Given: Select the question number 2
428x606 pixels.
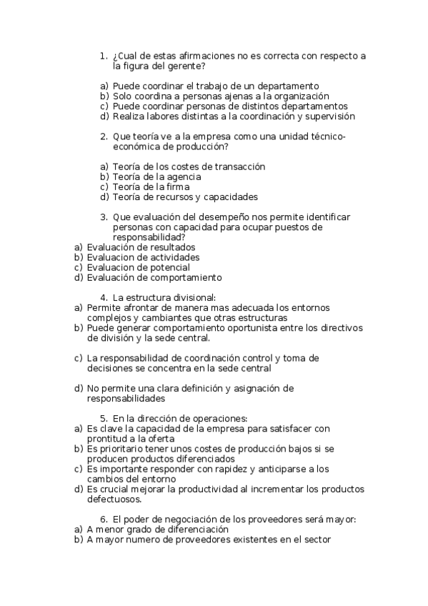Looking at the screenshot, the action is (x=104, y=136).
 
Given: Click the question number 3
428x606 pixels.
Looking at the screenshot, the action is (x=104, y=217).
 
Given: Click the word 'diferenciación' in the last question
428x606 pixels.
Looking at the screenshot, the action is (x=195, y=530).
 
